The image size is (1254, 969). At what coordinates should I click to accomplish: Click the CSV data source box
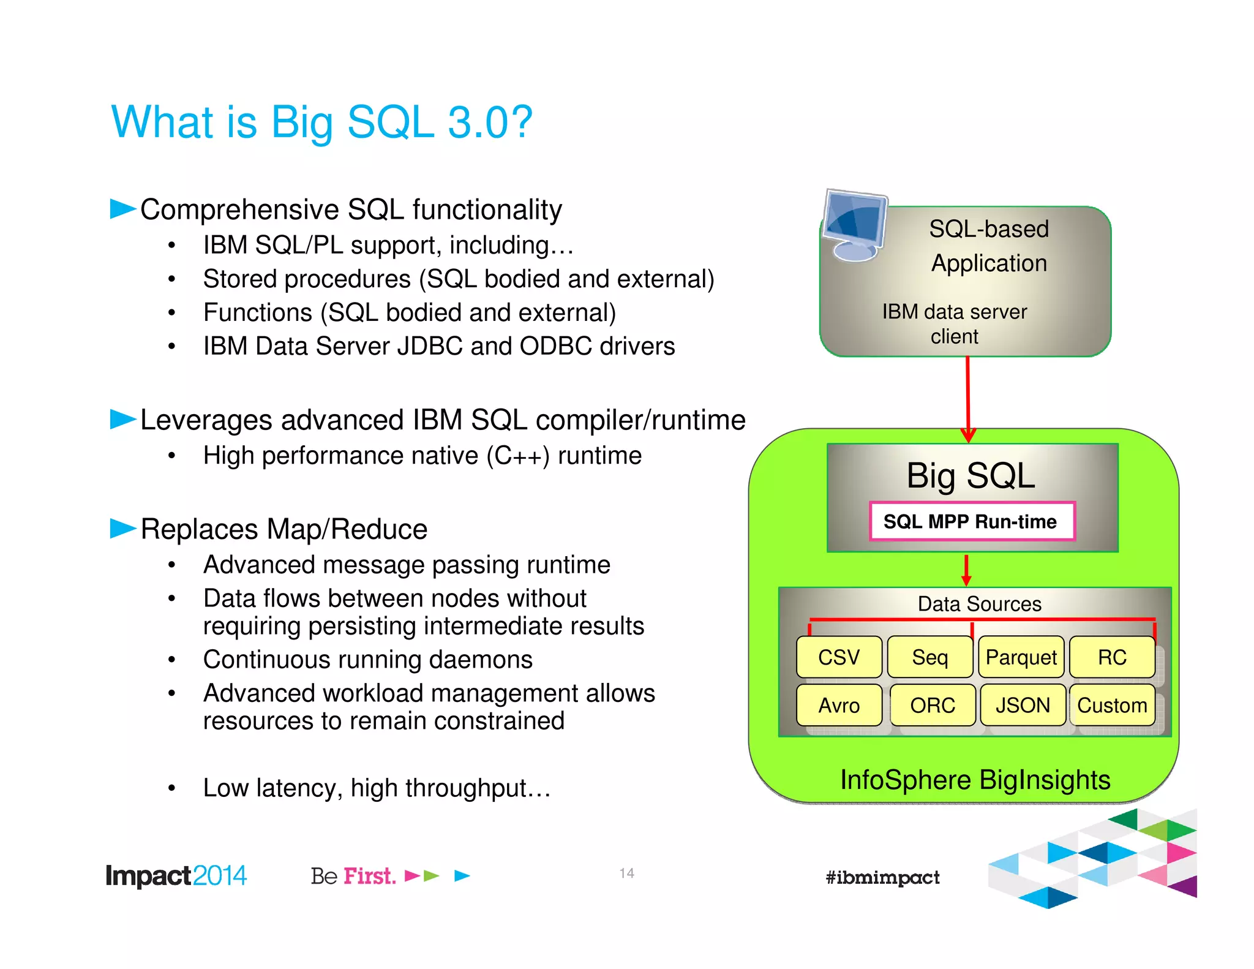838,657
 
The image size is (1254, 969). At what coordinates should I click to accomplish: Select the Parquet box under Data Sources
1021,657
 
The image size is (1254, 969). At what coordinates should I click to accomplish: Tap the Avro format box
838,705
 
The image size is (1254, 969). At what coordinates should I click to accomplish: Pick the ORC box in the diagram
932,705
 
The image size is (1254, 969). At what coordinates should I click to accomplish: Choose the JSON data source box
1023,705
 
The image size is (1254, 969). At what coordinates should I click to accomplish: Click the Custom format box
1112,705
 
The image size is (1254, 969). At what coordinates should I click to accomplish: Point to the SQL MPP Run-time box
972,521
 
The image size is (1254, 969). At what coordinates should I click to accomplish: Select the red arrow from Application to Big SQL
967,398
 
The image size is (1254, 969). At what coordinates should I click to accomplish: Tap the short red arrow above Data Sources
966,570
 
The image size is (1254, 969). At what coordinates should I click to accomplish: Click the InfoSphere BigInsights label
975,780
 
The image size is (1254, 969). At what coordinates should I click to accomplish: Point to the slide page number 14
626,873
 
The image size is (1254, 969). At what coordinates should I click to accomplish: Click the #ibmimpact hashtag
882,877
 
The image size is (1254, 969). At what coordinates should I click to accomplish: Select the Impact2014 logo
176,876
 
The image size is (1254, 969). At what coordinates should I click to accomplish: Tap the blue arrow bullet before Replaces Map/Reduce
122,527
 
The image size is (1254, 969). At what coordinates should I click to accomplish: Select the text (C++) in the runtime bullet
518,456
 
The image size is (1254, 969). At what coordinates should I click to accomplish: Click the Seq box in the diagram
929,657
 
